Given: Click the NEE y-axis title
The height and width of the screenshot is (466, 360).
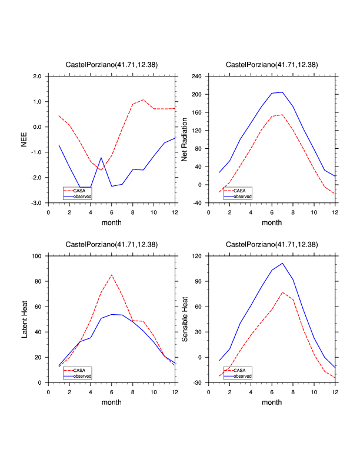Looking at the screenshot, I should [24, 139].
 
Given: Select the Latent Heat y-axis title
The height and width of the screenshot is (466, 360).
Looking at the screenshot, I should [24, 319].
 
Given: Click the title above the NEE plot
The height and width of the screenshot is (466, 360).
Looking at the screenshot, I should [111, 64].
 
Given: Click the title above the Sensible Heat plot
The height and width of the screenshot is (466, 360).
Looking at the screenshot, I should [272, 244].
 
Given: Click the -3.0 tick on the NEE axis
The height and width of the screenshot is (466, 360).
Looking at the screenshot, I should [36, 203].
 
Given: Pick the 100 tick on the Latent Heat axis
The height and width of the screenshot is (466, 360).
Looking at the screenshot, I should [36, 257].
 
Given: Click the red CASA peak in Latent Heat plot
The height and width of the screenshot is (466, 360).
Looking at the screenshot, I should [112, 275].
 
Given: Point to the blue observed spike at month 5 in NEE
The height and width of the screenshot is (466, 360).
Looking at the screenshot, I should [101, 158].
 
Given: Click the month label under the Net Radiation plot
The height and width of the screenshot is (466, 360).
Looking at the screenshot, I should [272, 222].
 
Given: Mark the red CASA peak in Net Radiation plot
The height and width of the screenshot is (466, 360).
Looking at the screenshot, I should [282, 115].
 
